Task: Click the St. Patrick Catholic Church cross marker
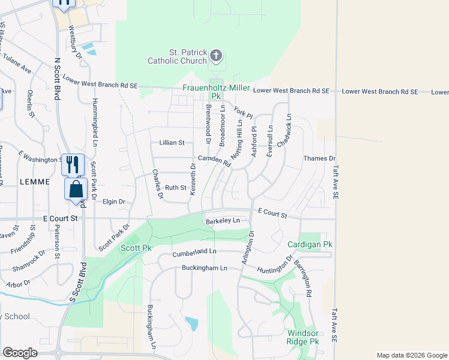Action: pos(216,56)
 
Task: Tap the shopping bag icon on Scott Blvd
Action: pos(76,189)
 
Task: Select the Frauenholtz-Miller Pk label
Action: pos(215,91)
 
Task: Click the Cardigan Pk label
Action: pos(309,245)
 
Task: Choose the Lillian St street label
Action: pos(172,143)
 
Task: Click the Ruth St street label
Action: pos(176,188)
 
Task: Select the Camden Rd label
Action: pos(214,160)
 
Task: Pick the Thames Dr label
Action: pos(319,158)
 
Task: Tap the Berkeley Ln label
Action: pos(223,221)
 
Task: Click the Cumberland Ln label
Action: pos(194,252)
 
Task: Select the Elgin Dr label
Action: pos(113,202)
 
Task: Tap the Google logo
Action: pos(20,353)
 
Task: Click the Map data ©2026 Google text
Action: pos(411,355)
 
